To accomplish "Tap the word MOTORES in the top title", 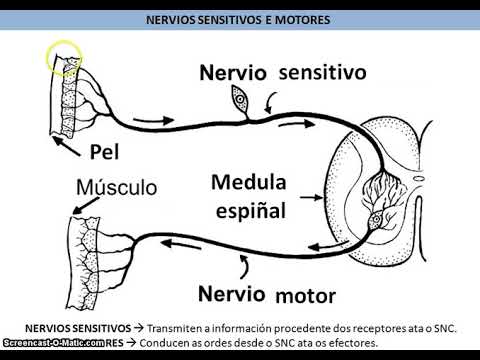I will [304, 19].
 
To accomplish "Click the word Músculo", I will [119, 187].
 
